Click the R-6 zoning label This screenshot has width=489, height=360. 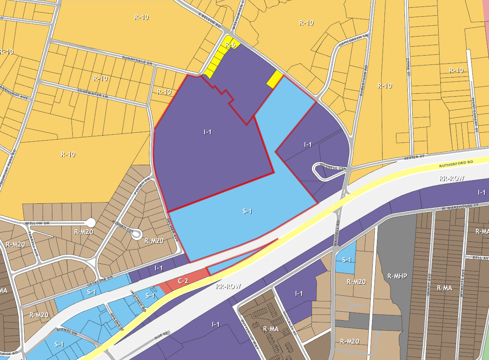[x=231, y=45]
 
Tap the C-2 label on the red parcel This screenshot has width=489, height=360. [x=183, y=281]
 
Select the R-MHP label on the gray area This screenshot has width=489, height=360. [x=397, y=276]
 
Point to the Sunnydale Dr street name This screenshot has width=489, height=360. [x=137, y=61]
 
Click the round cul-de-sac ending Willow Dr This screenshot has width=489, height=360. [x=91, y=222]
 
